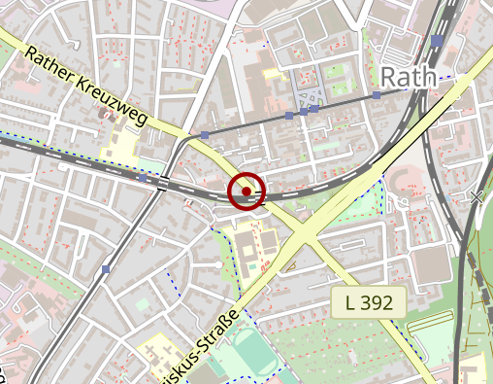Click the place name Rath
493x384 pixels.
point(408,77)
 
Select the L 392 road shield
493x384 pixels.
point(369,302)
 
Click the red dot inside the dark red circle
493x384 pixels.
point(246,192)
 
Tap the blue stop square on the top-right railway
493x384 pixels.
point(438,41)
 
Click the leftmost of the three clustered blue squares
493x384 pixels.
point(288,116)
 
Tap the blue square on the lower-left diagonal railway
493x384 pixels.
point(106,269)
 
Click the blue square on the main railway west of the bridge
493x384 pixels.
point(143,179)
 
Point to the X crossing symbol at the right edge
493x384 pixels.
point(477,196)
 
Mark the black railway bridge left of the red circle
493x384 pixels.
point(162,183)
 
